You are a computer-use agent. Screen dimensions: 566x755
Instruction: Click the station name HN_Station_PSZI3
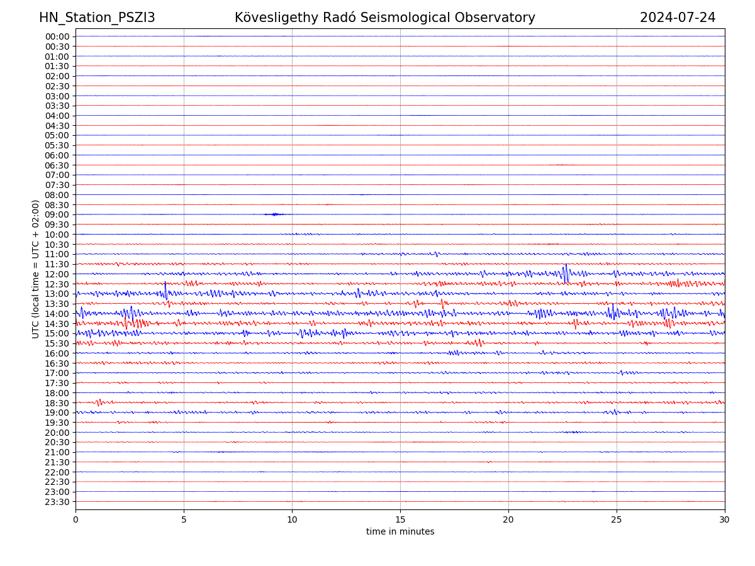click(x=97, y=18)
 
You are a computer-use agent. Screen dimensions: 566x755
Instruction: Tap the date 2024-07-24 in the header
click(x=678, y=18)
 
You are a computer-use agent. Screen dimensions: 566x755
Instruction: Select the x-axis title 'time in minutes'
click(x=400, y=532)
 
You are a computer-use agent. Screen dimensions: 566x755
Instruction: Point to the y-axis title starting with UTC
click(x=36, y=269)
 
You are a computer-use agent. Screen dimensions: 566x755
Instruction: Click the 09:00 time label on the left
click(x=57, y=214)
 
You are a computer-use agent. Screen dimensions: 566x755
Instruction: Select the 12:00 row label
click(x=57, y=274)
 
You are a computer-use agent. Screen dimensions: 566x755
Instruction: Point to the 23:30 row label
click(x=57, y=502)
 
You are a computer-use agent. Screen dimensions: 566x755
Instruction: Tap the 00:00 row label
click(x=57, y=36)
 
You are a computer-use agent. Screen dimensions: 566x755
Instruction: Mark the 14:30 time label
click(x=57, y=323)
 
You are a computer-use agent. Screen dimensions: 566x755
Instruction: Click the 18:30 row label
click(x=57, y=402)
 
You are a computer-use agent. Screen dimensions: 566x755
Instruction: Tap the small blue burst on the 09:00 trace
click(x=274, y=214)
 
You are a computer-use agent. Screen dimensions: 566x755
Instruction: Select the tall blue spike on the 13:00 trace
click(x=165, y=290)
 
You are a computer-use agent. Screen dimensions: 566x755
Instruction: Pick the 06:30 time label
click(x=57, y=165)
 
